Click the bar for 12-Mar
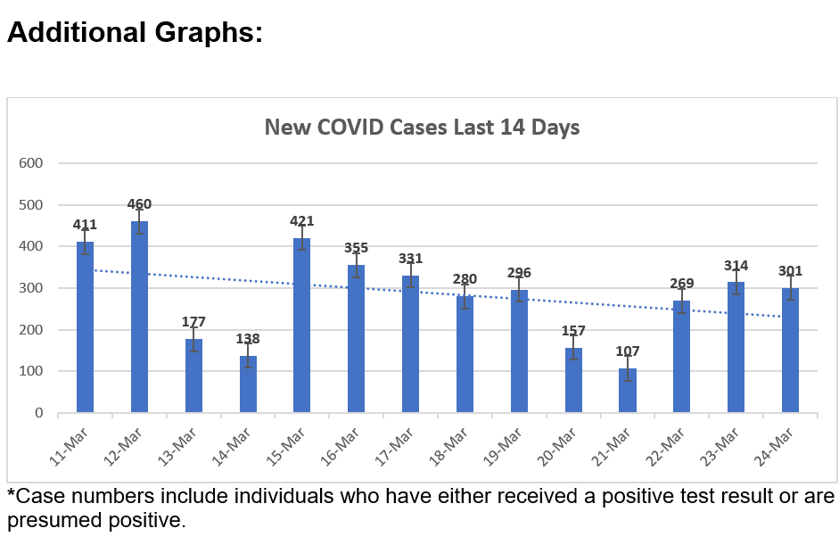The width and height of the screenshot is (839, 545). tap(139, 317)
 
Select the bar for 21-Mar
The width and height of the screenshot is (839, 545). tap(628, 391)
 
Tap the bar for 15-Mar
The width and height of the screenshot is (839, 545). tap(302, 326)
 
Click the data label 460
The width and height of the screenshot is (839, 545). tap(139, 204)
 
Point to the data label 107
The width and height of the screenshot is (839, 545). tap(628, 351)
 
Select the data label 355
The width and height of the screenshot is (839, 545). tap(357, 248)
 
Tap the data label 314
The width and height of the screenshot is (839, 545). tap(736, 266)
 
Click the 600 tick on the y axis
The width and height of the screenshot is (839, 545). tap(31, 163)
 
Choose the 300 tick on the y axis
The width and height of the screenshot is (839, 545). tap(31, 288)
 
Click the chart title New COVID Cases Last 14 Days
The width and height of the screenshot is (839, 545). tap(422, 128)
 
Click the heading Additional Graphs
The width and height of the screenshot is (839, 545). tap(135, 33)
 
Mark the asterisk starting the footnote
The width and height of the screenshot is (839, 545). tap(12, 493)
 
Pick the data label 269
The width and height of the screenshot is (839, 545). tap(682, 284)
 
